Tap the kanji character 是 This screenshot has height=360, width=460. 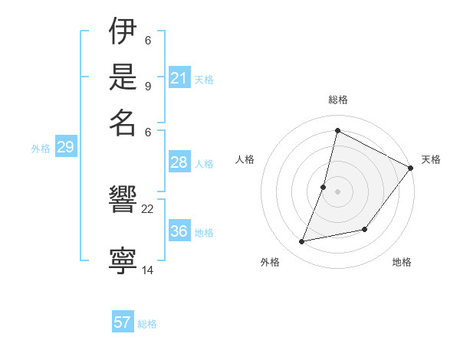(x=123, y=78)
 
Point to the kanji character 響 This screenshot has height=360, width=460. (x=123, y=201)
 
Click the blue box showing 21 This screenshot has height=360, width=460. (x=179, y=78)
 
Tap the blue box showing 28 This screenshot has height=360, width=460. (x=179, y=162)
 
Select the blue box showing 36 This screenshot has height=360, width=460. (x=179, y=231)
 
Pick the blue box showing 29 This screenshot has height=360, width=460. (x=65, y=148)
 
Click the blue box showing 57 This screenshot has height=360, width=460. (x=123, y=322)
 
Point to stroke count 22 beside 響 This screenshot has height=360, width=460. (x=148, y=208)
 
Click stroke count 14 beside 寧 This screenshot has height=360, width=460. (x=148, y=270)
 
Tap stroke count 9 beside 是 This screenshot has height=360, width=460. (x=148, y=86)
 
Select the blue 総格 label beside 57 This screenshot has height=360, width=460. (x=147, y=324)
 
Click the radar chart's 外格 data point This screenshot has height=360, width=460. (x=302, y=242)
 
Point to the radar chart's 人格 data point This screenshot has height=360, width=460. (x=324, y=186)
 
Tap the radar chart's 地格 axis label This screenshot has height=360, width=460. (x=402, y=263)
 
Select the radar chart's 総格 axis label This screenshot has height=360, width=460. (x=337, y=100)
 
